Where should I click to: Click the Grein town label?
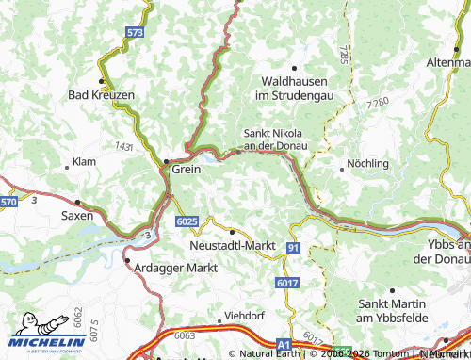click(186, 171)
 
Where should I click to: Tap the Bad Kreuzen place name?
click(102, 95)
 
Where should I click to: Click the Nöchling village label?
click(368, 163)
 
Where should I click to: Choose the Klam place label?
click(85, 163)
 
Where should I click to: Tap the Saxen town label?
click(77, 216)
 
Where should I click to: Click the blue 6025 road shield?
click(187, 221)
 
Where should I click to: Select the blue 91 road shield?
click(294, 247)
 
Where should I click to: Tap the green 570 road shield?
click(8, 202)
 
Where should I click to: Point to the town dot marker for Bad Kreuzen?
click(102, 81)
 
